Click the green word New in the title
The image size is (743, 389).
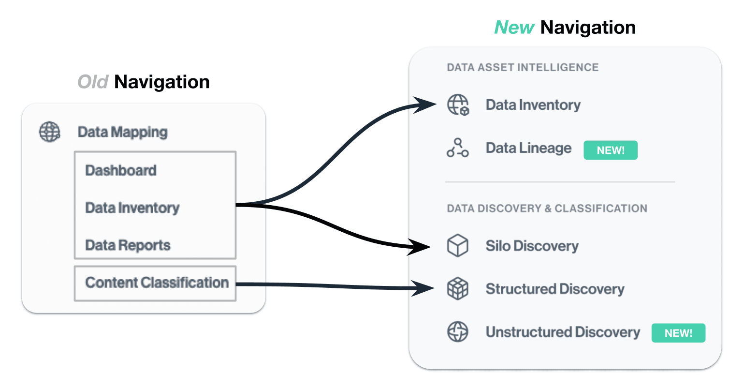pos(514,28)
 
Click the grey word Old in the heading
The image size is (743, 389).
pos(93,82)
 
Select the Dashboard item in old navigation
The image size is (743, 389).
pos(121,171)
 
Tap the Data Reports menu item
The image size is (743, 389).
pos(128,245)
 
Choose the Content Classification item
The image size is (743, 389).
pos(157,283)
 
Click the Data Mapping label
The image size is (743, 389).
pos(122,132)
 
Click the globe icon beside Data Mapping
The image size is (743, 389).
pos(50,132)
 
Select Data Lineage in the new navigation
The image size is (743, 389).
pos(528,148)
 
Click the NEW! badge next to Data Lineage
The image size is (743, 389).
pos(611,150)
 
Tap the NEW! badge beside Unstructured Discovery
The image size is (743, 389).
pos(678,333)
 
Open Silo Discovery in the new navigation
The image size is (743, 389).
pos(532,246)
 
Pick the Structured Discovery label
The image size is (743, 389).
pos(555,289)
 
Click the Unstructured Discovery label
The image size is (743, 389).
pos(563,332)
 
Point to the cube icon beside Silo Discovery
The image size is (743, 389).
pos(457,246)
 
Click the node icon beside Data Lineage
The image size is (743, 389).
pos(457,148)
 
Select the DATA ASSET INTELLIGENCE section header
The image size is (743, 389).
pos(523,67)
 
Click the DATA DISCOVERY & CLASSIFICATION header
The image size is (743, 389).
pos(547,209)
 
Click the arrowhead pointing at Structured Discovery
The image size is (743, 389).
pos(423,288)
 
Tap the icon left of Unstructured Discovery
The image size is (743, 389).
pos(457,332)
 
